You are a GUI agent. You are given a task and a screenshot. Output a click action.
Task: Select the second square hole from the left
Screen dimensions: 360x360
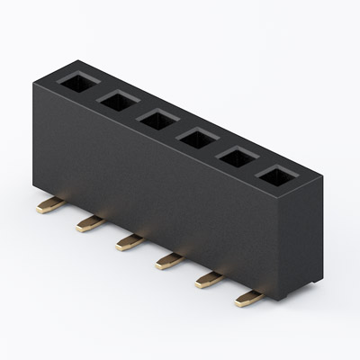click(x=118, y=102)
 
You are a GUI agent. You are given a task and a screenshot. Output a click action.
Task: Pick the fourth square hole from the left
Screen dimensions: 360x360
click(x=197, y=139)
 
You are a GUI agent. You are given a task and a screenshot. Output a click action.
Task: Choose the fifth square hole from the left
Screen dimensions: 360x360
click(x=237, y=157)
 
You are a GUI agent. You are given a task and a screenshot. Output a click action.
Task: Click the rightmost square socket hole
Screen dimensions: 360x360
click(x=276, y=176)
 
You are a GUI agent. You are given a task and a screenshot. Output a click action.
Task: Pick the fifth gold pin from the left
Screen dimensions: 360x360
click(x=207, y=280)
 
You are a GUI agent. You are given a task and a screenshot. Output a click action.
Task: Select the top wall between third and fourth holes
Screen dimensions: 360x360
click(x=177, y=130)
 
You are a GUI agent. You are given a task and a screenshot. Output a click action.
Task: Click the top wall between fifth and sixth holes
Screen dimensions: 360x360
click(x=256, y=167)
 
